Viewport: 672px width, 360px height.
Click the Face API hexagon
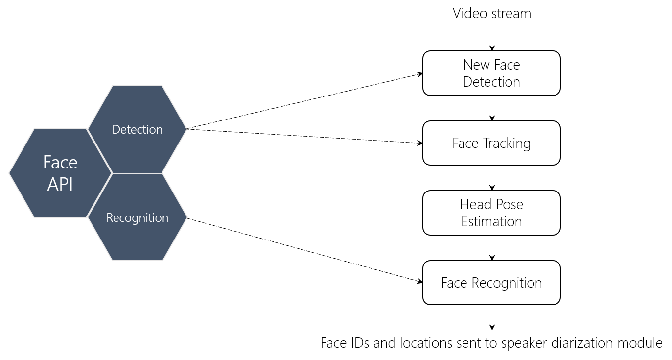[60, 173]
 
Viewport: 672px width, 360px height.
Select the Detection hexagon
[137, 129]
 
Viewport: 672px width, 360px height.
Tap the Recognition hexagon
[137, 217]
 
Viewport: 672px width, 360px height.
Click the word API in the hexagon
[60, 185]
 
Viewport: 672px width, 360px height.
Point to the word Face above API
[60, 162]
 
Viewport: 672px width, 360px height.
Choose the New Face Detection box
[491, 73]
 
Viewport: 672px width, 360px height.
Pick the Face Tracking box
[491, 143]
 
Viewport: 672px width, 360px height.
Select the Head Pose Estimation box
[491, 213]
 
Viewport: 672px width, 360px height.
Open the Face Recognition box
[491, 283]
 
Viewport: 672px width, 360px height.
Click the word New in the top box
[476, 65]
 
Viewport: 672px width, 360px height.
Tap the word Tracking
[507, 144]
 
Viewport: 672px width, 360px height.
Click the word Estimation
[491, 221]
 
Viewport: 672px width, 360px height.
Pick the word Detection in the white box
[491, 82]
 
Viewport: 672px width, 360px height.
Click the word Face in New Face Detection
[507, 65]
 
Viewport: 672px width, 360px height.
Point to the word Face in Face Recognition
[454, 283]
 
